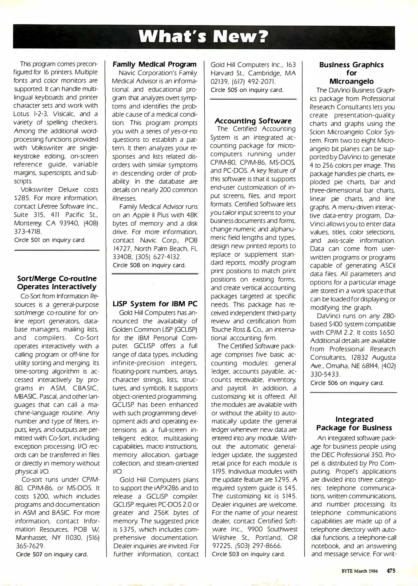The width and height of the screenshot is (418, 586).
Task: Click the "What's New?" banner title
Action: pyautogui.click(x=204, y=37)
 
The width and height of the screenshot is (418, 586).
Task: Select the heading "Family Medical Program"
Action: pyautogui.click(x=155, y=65)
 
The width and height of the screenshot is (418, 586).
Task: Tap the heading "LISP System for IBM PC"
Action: pyautogui.click(x=155, y=304)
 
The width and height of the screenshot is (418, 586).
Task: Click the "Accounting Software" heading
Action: pyautogui.click(x=253, y=121)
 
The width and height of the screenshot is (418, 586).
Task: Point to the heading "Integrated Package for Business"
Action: pyautogui.click(x=354, y=423)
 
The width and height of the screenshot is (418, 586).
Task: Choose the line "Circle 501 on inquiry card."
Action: pyautogui.click(x=50, y=240)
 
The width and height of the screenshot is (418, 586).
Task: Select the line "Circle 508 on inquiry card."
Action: pyautogui.click(x=149, y=265)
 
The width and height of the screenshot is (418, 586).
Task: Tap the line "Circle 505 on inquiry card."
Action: pyautogui.click(x=247, y=90)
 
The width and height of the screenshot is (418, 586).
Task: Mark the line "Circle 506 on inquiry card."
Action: pyautogui.click(x=347, y=383)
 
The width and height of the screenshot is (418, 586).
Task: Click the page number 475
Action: pyautogui.click(x=391, y=571)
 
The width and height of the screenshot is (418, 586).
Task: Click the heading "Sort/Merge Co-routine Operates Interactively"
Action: pyautogui.click(x=57, y=283)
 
